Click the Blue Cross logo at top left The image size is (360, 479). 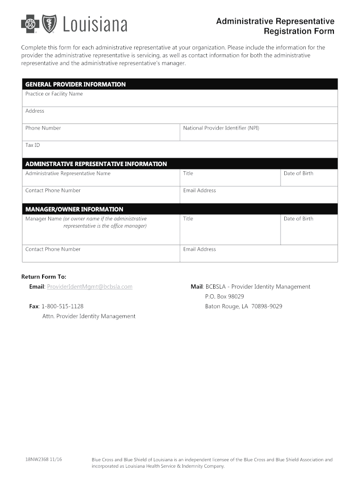29,23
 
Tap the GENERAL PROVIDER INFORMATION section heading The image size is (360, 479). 75,85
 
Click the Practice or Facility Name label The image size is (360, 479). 54,94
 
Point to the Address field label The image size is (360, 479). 35,111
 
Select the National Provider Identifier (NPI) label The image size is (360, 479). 221,128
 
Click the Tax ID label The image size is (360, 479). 33,145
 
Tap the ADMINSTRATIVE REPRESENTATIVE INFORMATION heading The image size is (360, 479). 96,164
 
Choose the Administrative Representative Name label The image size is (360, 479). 68,174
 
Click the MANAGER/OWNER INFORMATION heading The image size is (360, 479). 74,210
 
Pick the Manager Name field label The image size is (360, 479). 86,219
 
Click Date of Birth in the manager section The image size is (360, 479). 298,219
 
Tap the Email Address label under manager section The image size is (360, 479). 200,249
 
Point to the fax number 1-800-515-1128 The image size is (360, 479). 62,306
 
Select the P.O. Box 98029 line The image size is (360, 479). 224,297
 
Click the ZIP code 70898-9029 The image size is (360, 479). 266,306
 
